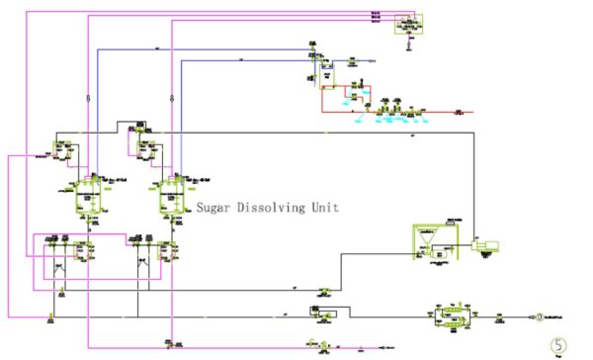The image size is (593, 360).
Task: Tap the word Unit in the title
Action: (x=325, y=209)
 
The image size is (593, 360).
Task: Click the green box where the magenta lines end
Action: (x=407, y=24)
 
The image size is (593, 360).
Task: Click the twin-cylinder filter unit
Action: (x=451, y=316)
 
